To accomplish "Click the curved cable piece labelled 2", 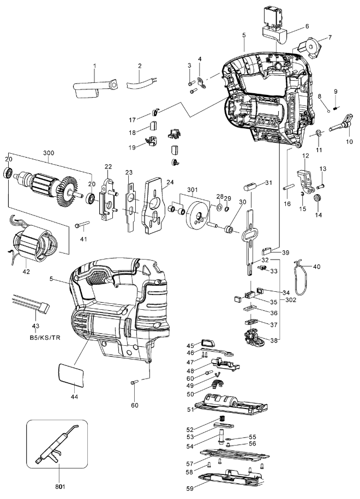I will click(140, 83).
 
